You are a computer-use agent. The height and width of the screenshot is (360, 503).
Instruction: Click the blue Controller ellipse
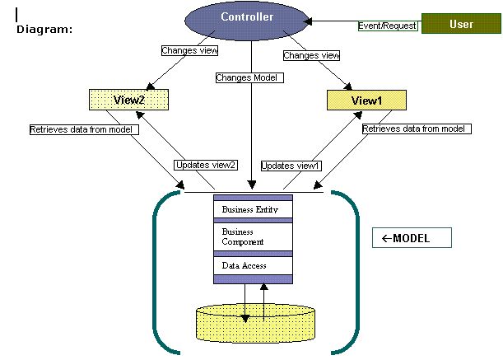pyautogui.click(x=251, y=21)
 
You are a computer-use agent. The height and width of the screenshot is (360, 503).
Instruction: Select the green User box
pyautogui.click(x=461, y=25)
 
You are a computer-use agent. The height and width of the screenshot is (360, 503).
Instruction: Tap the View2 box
pyautogui.click(x=128, y=100)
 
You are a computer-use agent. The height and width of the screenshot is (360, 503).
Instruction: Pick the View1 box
pyautogui.click(x=367, y=100)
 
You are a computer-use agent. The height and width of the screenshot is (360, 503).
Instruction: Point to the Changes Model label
pyautogui.click(x=249, y=77)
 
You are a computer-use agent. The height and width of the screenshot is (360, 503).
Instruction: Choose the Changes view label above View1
pyautogui.click(x=311, y=56)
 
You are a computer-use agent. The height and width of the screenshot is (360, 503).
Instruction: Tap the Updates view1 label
pyautogui.click(x=291, y=166)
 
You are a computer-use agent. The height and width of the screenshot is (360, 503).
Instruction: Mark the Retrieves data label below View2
pyautogui.click(x=83, y=130)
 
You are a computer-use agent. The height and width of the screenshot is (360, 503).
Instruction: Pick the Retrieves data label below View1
pyautogui.click(x=415, y=129)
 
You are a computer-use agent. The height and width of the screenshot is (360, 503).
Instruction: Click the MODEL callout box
pyautogui.click(x=412, y=238)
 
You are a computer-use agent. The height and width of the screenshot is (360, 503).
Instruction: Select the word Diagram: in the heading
pyautogui.click(x=44, y=29)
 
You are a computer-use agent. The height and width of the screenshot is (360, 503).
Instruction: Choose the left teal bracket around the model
pyautogui.click(x=156, y=272)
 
